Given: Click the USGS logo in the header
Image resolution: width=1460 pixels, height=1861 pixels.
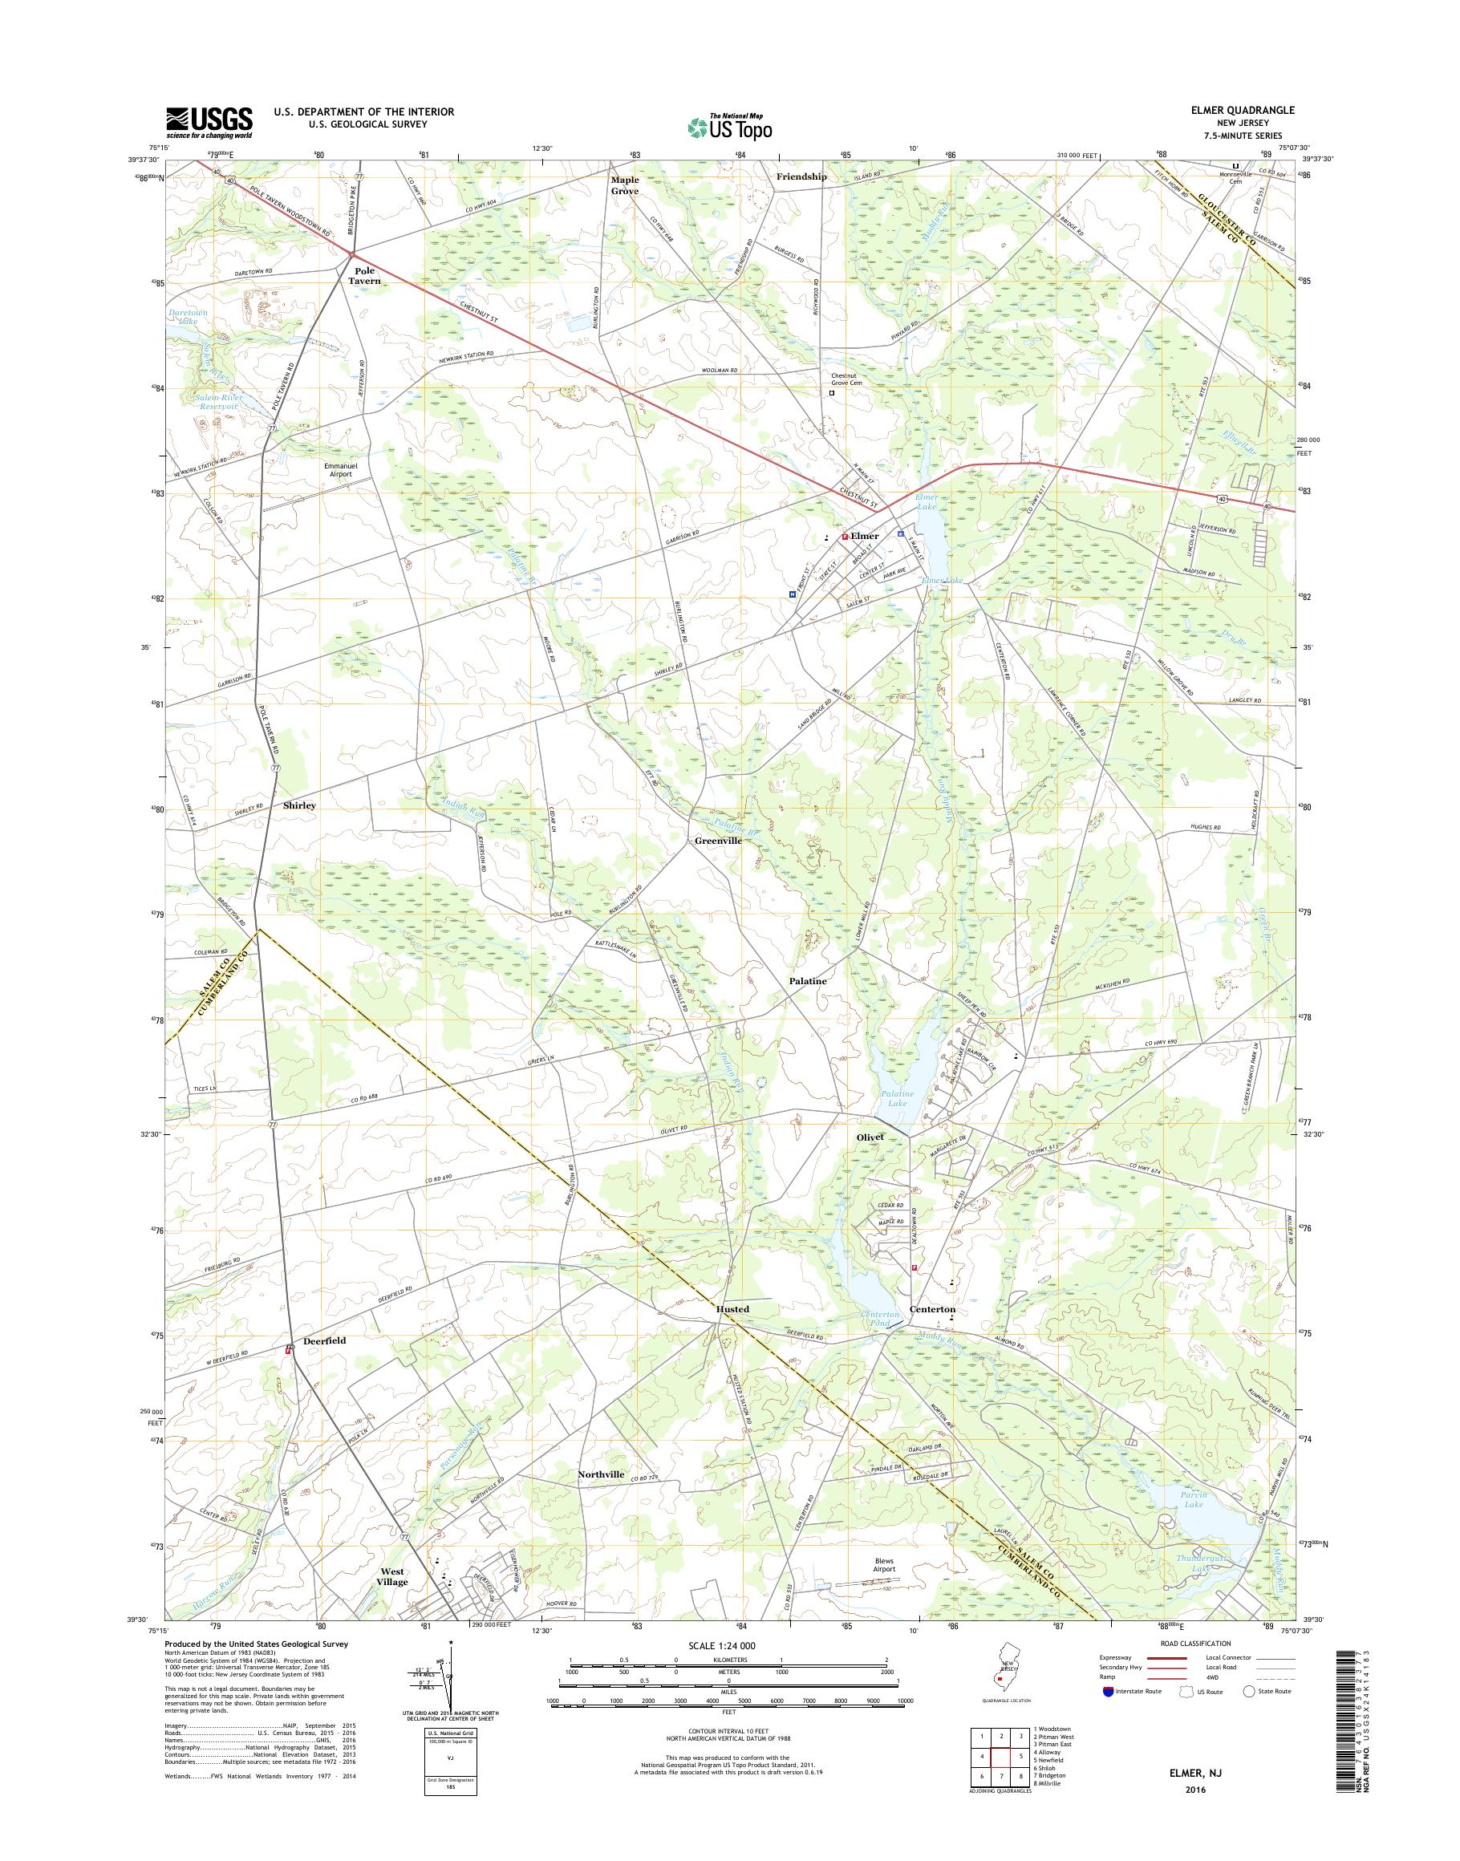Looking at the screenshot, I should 209,121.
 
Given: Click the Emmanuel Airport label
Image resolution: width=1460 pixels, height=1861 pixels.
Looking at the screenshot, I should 339,469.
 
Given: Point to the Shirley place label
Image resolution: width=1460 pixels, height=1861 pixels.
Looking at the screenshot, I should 299,805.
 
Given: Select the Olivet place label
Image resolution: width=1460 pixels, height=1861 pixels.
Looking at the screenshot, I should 870,1137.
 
